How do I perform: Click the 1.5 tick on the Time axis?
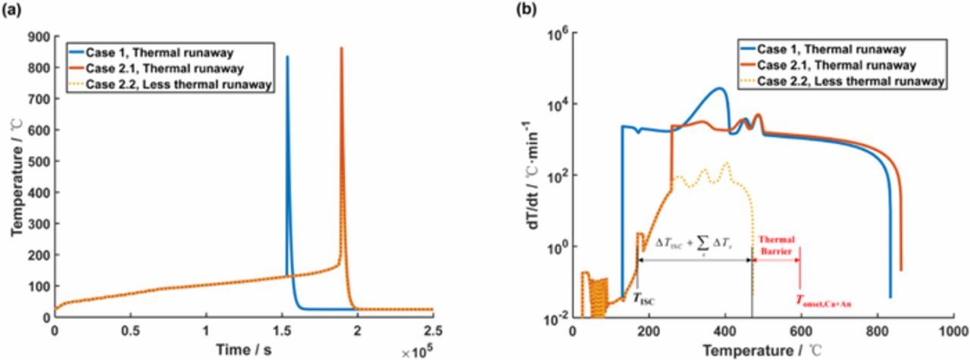[x=281, y=331]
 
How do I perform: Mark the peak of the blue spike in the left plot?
[x=286, y=57]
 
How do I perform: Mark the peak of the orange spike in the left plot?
[x=341, y=49]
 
